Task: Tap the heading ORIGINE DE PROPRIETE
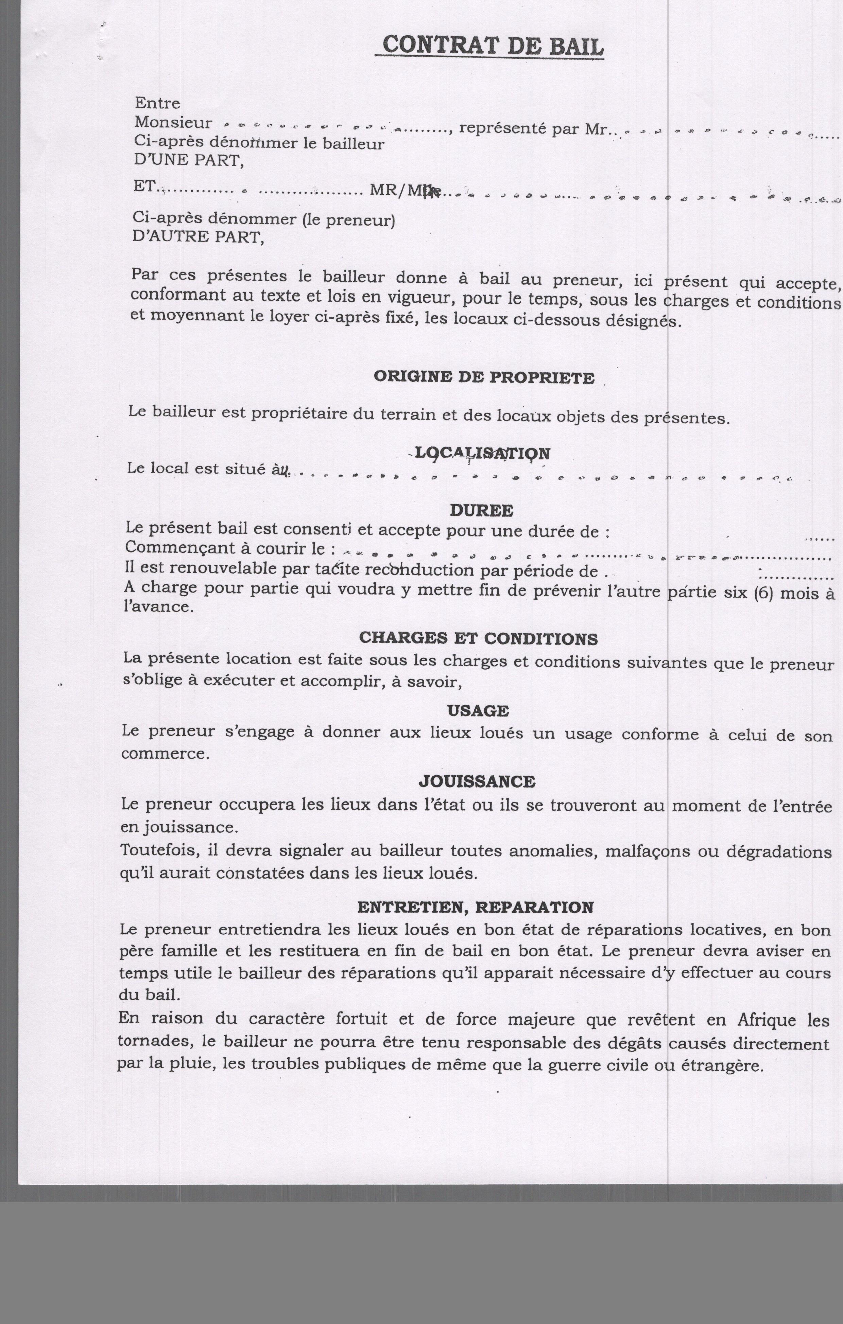[x=484, y=378]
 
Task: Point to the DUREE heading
[x=481, y=510]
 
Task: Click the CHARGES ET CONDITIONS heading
[x=478, y=638]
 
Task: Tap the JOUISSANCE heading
[x=477, y=781]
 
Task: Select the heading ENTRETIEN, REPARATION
[x=476, y=907]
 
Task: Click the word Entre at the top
[x=157, y=103]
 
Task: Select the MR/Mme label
[x=406, y=190]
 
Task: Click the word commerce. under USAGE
[x=165, y=753]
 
